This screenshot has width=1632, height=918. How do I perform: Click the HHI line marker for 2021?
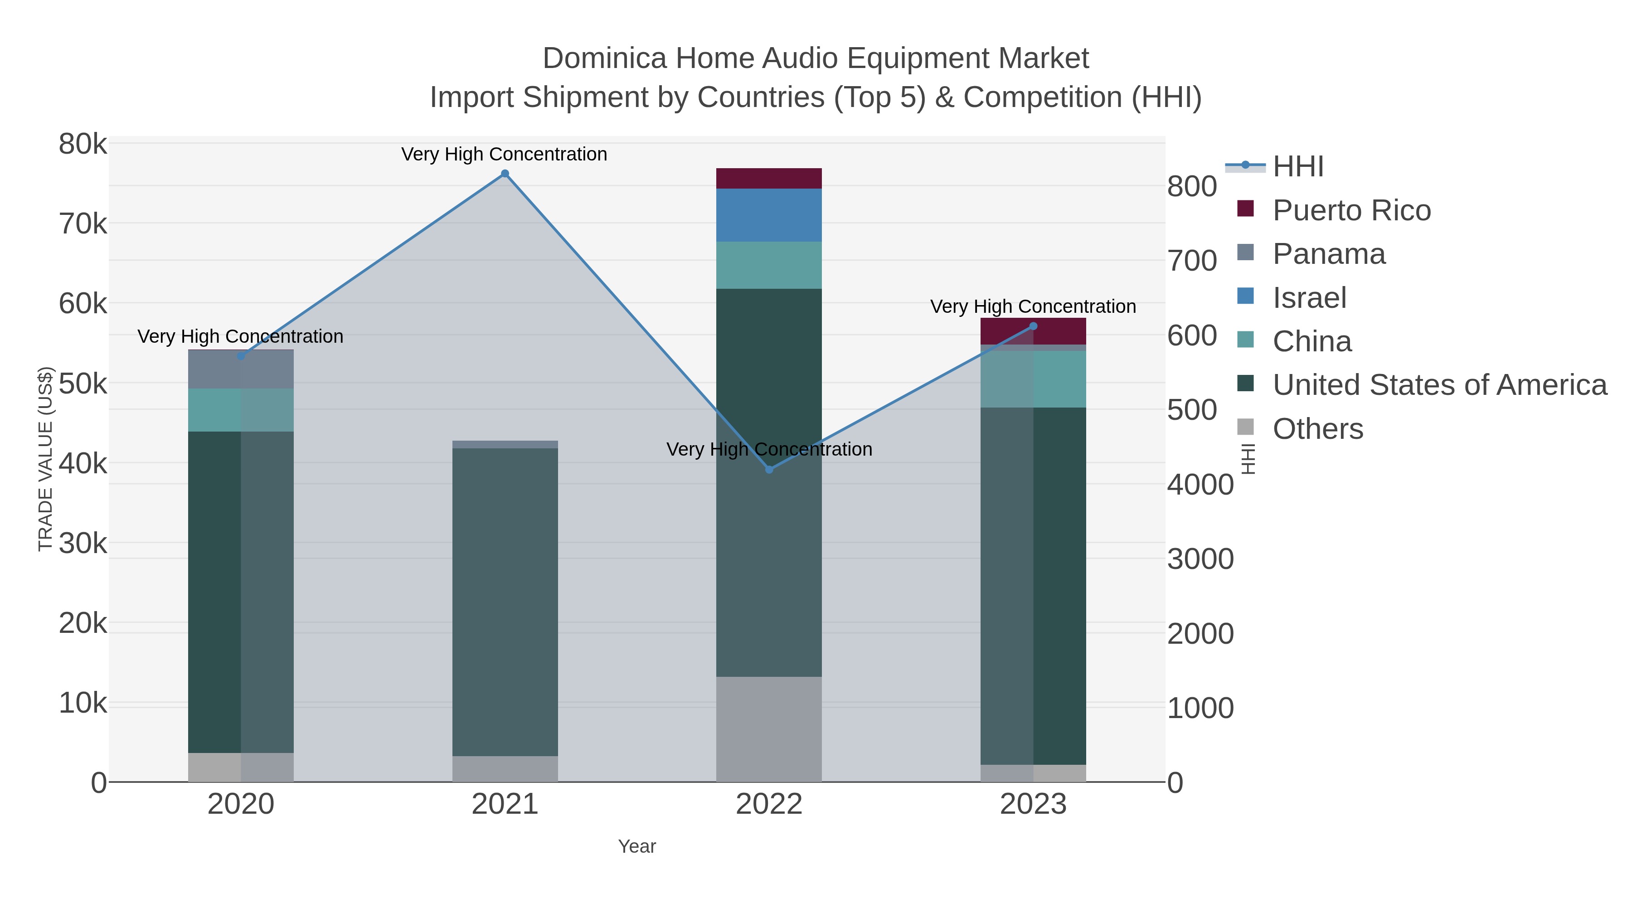[x=505, y=174]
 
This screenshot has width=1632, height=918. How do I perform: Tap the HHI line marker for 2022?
[x=769, y=470]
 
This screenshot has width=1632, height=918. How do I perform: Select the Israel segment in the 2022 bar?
[x=769, y=215]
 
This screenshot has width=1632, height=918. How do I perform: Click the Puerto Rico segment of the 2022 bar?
[x=769, y=178]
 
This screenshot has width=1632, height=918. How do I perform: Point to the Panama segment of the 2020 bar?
[x=241, y=369]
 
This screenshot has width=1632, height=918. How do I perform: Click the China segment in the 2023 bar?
[x=1033, y=379]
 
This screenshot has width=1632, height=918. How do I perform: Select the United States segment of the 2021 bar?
[x=505, y=602]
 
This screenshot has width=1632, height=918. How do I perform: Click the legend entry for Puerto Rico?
[x=1351, y=210]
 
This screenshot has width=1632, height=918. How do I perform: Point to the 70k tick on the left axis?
[x=83, y=223]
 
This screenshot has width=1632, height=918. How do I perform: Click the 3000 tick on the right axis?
[x=1200, y=559]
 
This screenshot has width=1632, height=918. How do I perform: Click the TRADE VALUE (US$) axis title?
[x=46, y=459]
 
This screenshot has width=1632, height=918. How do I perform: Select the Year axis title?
[x=637, y=846]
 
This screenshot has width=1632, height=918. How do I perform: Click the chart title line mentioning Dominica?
[x=816, y=58]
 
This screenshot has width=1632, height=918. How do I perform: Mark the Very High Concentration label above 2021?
[x=504, y=154]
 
